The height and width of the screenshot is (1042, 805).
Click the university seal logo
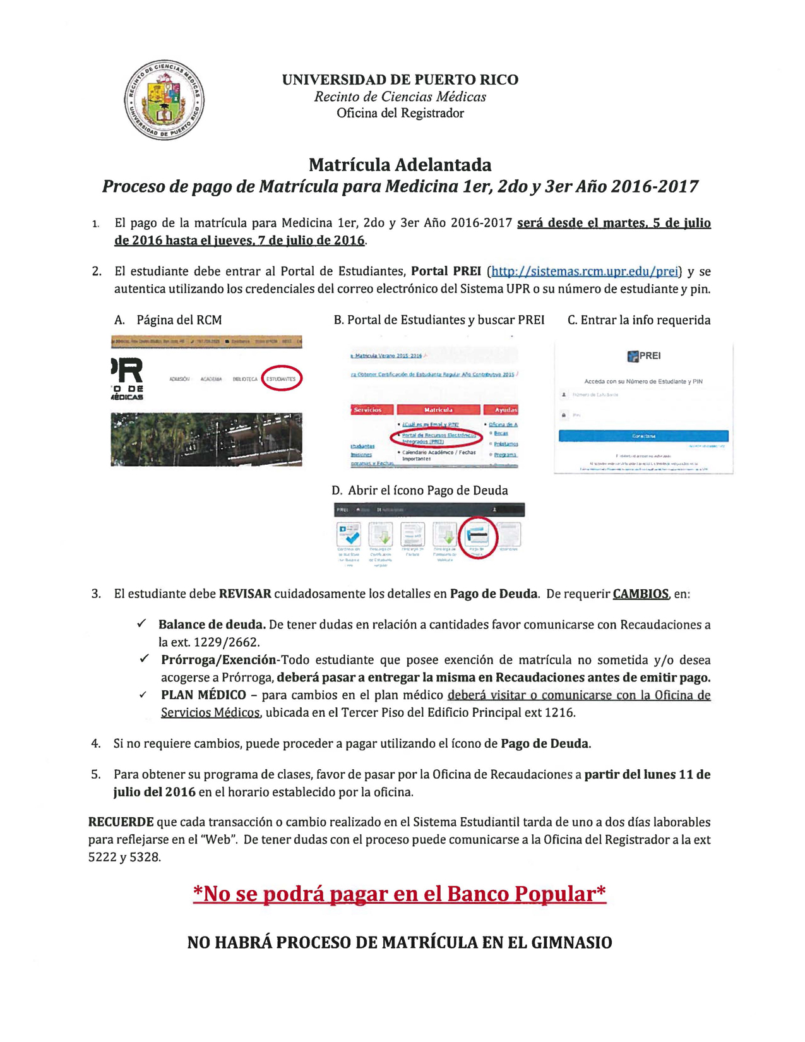click(164, 100)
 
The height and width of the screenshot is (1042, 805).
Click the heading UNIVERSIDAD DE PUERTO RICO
click(400, 80)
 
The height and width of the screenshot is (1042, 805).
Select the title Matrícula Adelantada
click(400, 165)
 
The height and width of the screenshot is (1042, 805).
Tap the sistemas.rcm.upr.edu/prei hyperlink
click(585, 272)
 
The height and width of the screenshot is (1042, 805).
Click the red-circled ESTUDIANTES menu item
click(281, 379)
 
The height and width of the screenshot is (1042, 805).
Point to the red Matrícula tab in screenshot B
click(438, 410)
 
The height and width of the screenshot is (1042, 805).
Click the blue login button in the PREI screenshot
click(643, 436)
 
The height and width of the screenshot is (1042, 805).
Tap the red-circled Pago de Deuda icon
click(478, 537)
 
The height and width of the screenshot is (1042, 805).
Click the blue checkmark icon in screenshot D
click(349, 535)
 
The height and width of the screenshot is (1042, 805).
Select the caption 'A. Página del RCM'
click(169, 320)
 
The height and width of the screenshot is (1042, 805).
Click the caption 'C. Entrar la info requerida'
click(639, 320)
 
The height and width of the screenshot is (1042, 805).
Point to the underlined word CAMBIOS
click(640, 594)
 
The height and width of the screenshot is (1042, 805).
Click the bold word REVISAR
click(245, 594)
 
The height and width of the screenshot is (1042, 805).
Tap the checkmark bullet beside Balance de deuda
click(141, 624)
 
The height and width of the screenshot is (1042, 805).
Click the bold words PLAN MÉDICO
click(203, 695)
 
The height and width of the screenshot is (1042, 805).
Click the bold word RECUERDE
click(121, 822)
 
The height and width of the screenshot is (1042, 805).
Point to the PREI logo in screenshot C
click(643, 356)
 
